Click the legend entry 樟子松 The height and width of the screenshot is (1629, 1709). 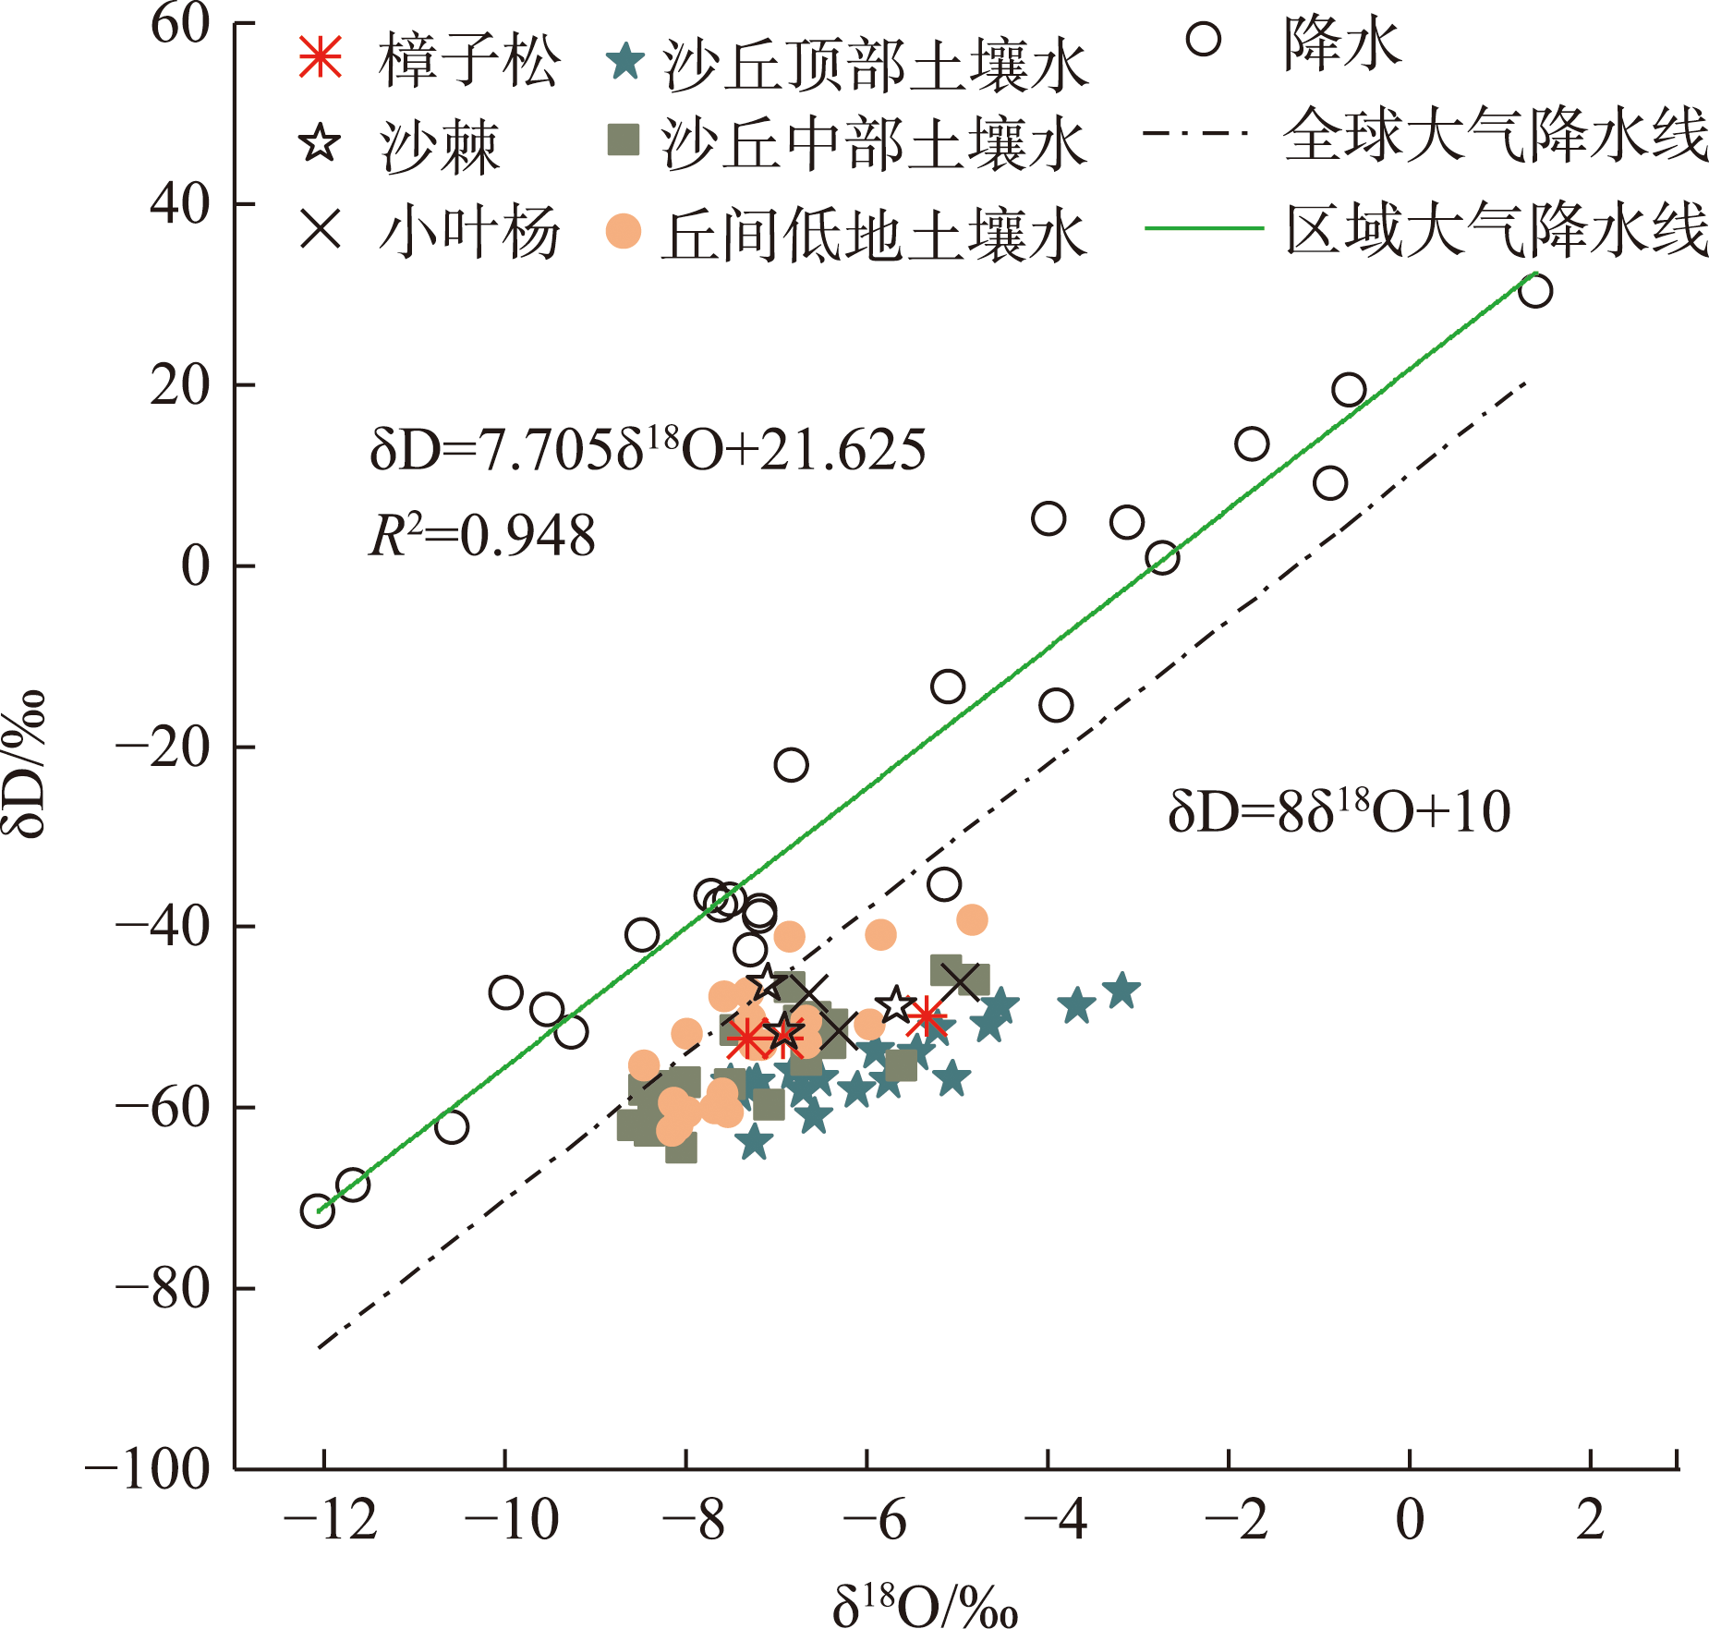click(467, 61)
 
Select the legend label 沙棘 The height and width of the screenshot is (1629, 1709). click(439, 145)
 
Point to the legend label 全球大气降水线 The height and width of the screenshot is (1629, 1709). click(1495, 135)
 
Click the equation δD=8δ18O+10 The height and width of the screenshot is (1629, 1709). click(1339, 811)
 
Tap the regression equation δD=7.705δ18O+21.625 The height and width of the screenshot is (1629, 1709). click(647, 450)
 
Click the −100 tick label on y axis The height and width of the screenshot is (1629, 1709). click(148, 1468)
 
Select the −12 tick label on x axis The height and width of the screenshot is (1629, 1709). click(330, 1520)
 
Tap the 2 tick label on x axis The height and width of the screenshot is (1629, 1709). click(1590, 1520)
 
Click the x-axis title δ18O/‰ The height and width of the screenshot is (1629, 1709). click(925, 1603)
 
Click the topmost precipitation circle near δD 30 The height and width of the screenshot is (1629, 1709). click(1535, 291)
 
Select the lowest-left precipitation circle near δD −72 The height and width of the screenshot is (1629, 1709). click(317, 1211)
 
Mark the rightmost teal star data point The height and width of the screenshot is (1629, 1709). click(1122, 991)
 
